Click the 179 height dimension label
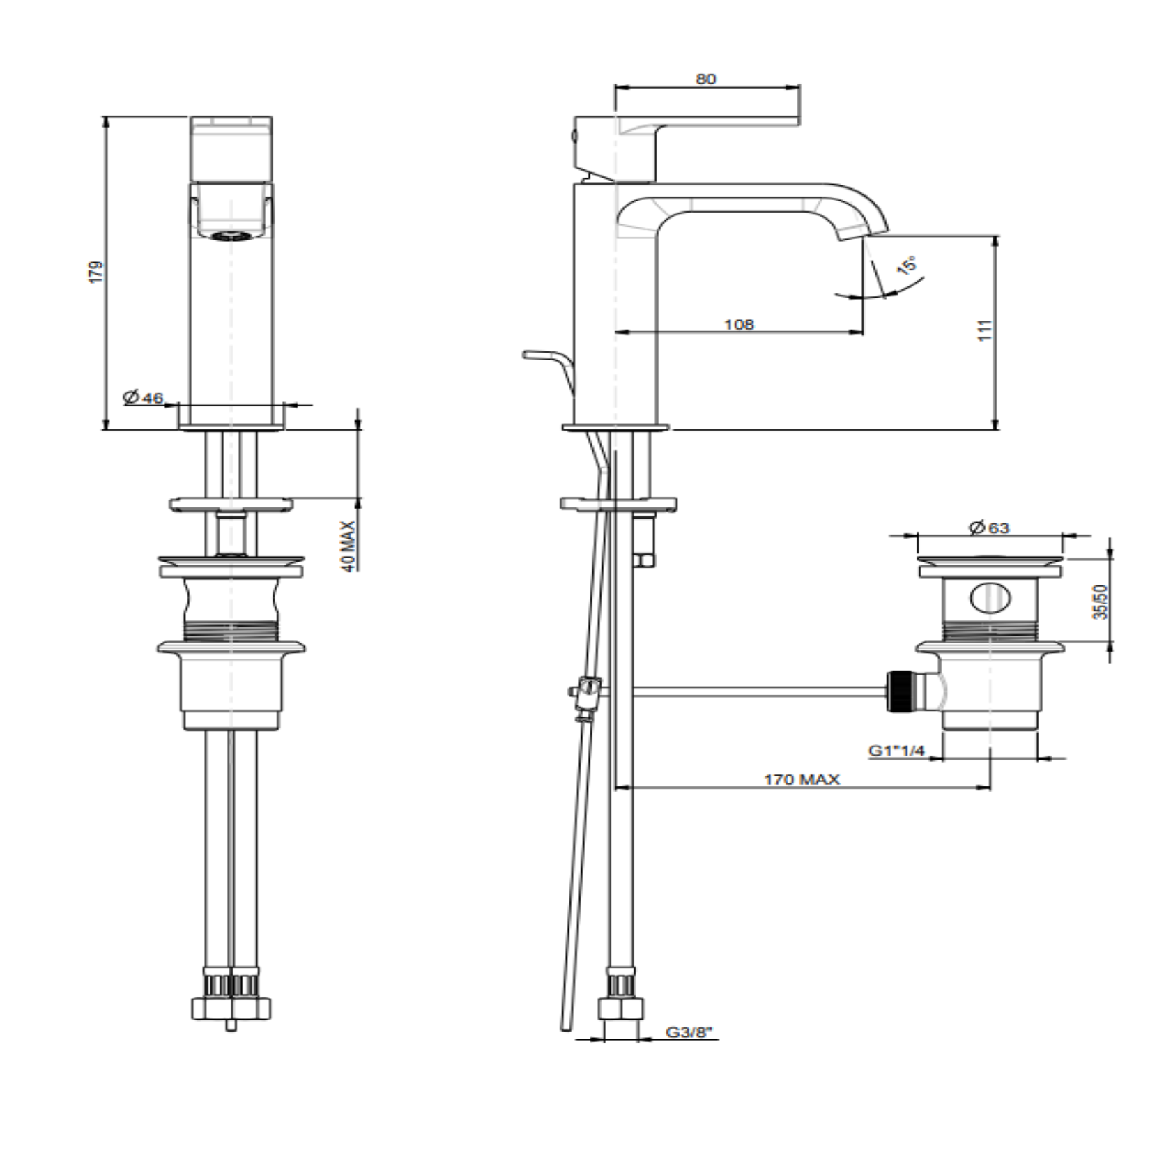pos(98,271)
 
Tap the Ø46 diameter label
pos(143,397)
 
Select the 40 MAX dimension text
pos(348,546)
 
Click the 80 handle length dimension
pos(706,79)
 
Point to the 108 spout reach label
pos(739,324)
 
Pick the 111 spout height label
pos(985,330)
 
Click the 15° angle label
pos(906,265)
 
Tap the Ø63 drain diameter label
pos(989,528)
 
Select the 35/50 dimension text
pos(1100,602)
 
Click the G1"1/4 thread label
pos(896,751)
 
